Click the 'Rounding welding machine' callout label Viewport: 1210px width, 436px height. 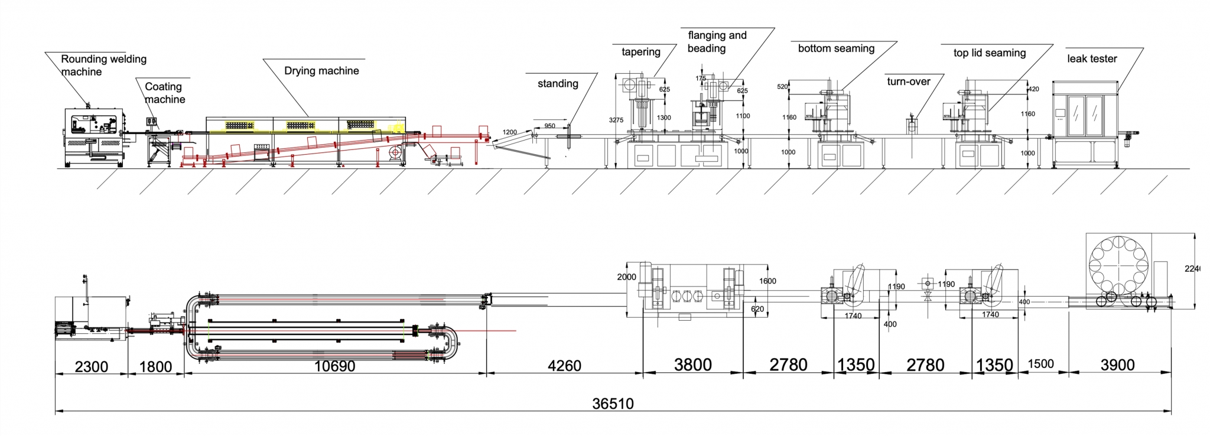click(x=103, y=65)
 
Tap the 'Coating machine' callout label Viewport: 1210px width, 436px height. click(x=164, y=93)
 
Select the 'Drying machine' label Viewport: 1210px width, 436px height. click(x=321, y=71)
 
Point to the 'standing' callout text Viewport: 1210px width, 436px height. click(x=558, y=84)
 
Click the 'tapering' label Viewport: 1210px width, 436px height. click(x=640, y=52)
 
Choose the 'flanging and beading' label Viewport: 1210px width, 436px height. click(x=716, y=42)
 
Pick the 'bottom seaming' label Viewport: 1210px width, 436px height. click(x=836, y=48)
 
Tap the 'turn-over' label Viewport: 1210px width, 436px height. click(x=908, y=82)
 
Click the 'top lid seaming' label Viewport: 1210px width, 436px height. click(x=989, y=53)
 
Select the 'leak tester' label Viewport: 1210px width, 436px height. click(x=1091, y=58)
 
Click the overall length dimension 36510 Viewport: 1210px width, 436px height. click(x=613, y=404)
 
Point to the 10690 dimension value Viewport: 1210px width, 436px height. click(x=334, y=366)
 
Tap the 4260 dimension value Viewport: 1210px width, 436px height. click(x=564, y=366)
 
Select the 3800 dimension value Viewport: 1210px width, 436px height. click(x=692, y=365)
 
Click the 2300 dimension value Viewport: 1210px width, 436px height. click(x=91, y=367)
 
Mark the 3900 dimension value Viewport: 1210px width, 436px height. click(x=1117, y=365)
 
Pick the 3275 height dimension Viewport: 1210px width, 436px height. click(x=616, y=120)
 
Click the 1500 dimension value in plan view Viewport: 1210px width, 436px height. click(x=1040, y=364)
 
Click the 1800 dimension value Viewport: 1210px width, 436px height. click(x=155, y=367)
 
